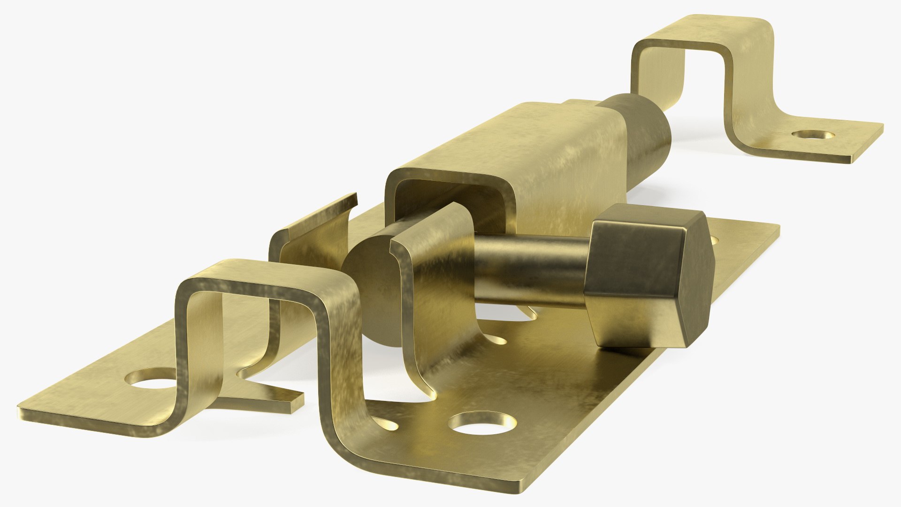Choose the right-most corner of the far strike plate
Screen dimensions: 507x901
tap(882, 126)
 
